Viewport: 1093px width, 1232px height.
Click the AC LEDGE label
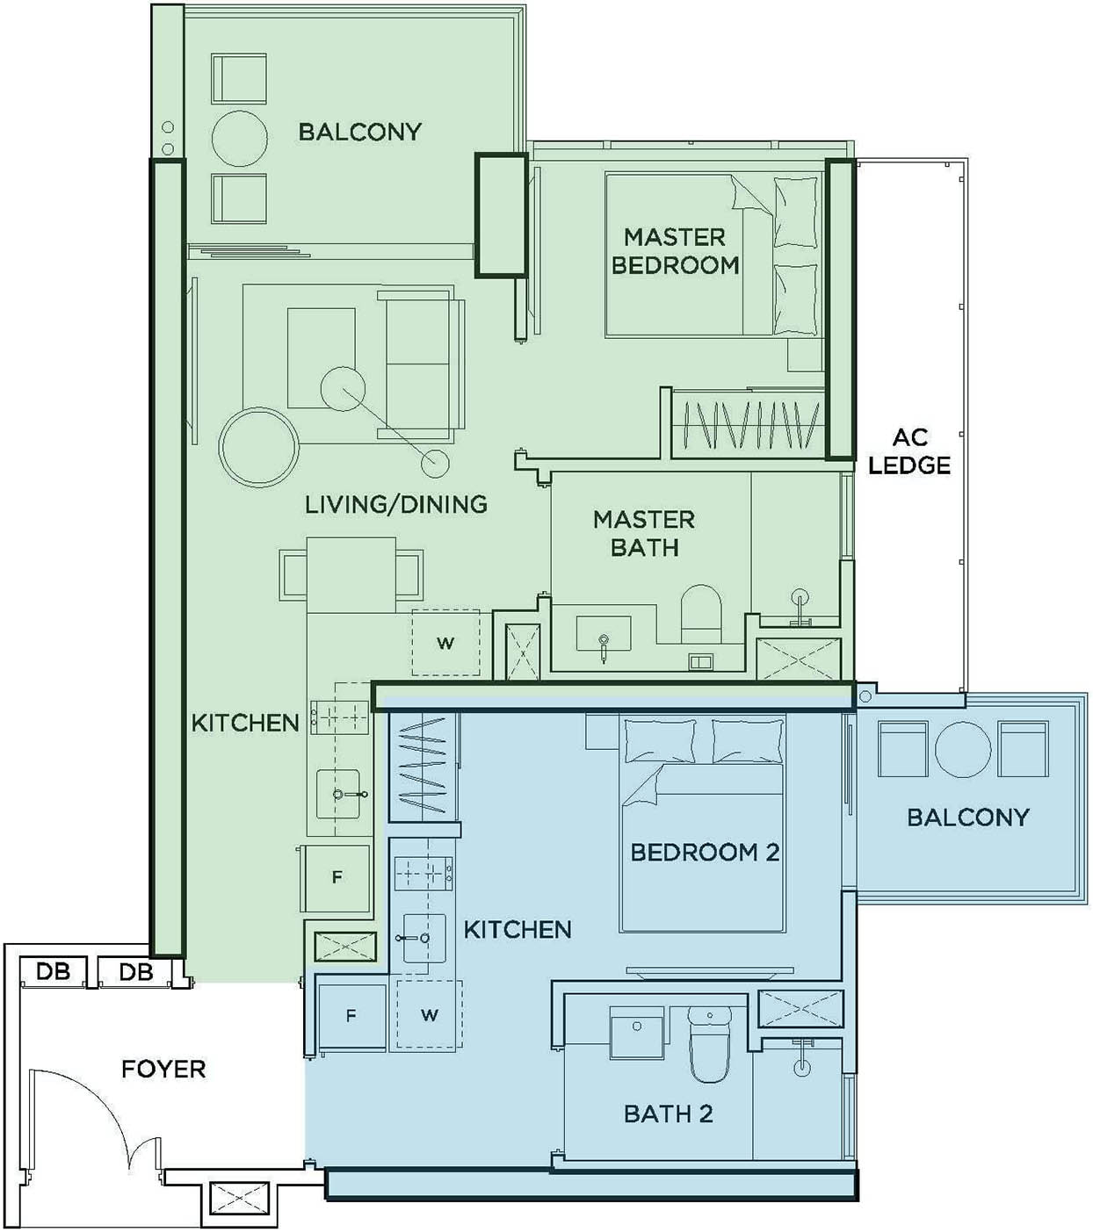click(x=909, y=450)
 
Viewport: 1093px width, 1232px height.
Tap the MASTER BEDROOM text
click(x=675, y=250)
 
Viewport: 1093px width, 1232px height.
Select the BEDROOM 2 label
click(x=705, y=852)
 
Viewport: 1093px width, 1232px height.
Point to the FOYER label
click(x=163, y=1069)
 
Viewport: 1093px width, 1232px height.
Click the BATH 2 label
click(x=669, y=1113)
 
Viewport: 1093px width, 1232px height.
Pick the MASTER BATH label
click(x=644, y=533)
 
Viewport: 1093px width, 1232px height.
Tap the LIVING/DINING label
click(x=396, y=504)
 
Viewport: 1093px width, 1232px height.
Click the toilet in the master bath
click(x=701, y=614)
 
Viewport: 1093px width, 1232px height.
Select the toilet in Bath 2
click(x=709, y=1043)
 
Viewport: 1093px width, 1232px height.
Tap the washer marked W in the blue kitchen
click(x=429, y=1015)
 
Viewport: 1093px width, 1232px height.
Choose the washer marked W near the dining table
click(x=445, y=643)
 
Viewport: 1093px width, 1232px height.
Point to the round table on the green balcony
click(x=239, y=139)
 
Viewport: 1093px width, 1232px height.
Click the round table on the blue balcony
click(x=963, y=748)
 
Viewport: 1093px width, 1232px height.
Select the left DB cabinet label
click(x=53, y=972)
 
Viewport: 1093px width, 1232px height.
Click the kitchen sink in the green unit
click(x=338, y=794)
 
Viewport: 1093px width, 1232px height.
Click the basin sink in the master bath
click(x=604, y=634)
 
